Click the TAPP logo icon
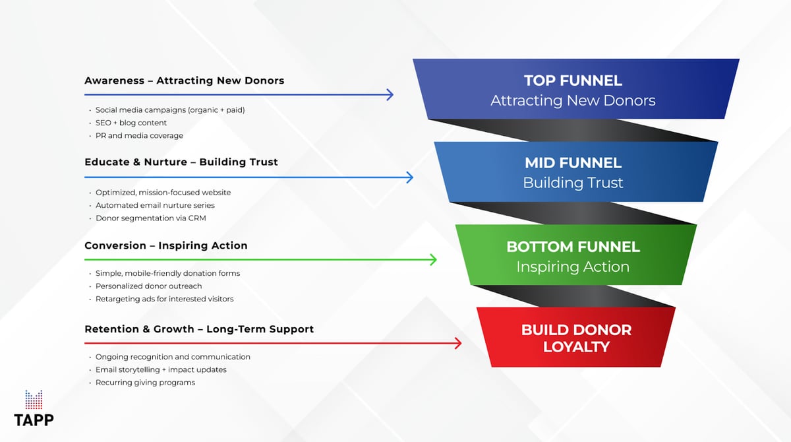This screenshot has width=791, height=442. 34,400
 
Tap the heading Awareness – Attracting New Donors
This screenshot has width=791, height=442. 184,80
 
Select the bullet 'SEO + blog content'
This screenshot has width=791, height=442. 131,123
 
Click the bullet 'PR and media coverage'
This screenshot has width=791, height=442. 139,135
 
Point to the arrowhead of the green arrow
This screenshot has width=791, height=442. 433,260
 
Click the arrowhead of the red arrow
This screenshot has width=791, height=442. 457,343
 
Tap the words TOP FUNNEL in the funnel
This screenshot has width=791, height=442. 573,80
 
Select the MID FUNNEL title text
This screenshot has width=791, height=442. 573,162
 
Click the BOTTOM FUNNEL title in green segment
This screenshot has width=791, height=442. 573,247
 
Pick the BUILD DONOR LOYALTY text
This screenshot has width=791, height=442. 576,338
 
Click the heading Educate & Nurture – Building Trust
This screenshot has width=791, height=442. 181,162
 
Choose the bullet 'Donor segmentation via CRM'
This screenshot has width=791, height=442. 155,218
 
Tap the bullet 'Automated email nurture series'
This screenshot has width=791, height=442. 160,205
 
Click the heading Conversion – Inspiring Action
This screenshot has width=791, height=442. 165,245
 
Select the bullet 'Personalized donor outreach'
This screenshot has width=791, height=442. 148,286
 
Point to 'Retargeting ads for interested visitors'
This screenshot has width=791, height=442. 164,299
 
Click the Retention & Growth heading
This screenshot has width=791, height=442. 198,329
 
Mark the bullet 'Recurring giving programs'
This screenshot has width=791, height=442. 145,383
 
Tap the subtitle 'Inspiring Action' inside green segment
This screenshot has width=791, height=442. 573,267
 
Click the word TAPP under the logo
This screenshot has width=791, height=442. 34,420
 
